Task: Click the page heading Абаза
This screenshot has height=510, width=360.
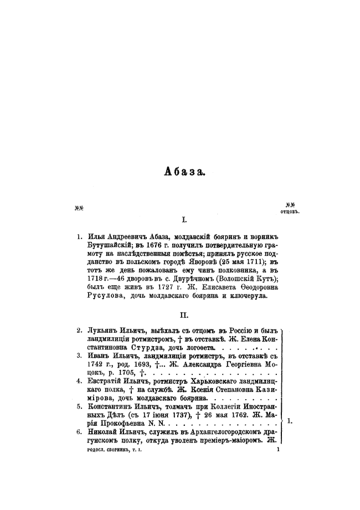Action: tap(184, 172)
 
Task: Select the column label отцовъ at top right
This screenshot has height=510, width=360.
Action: tap(290, 211)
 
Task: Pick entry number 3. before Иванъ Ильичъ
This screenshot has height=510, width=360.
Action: tap(80, 356)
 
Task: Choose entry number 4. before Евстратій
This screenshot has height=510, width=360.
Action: tap(80, 381)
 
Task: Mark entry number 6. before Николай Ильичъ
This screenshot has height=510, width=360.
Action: tap(80, 431)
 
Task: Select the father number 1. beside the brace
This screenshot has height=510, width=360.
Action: tap(291, 421)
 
